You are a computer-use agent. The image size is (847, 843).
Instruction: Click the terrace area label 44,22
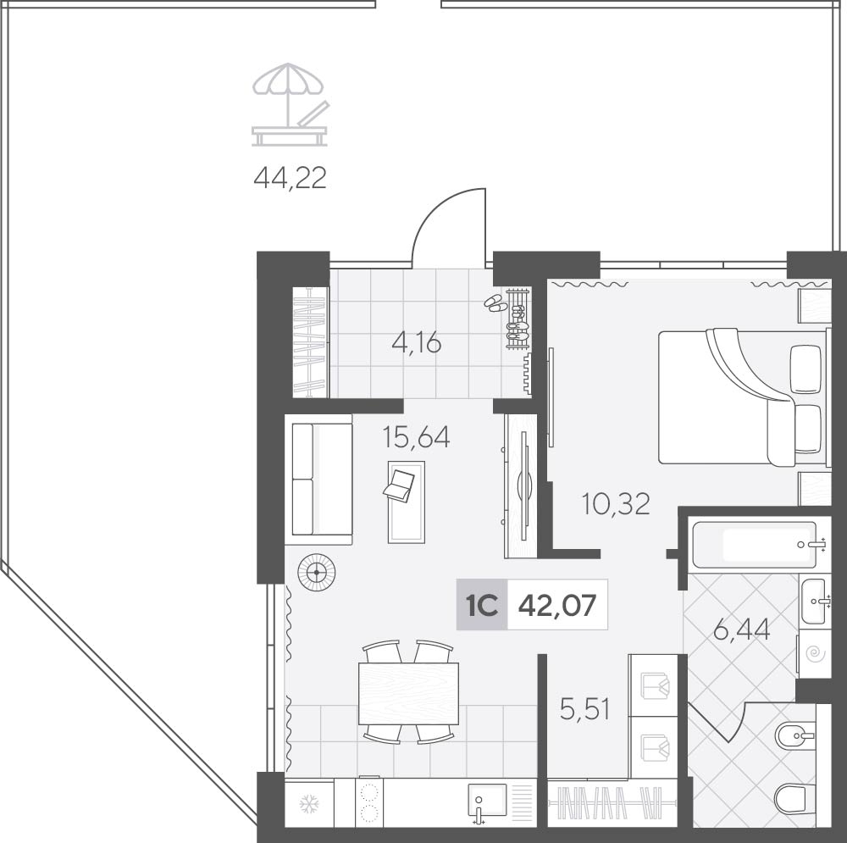click(290, 177)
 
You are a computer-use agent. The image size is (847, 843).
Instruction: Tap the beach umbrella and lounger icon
click(290, 105)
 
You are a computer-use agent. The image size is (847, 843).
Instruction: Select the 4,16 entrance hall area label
click(417, 342)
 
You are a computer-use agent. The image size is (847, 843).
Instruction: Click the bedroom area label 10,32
click(616, 503)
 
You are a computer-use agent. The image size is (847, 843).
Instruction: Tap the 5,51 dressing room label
click(585, 709)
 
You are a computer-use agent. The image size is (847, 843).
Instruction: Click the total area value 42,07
click(557, 605)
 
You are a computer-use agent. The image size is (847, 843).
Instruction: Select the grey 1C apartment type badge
click(482, 605)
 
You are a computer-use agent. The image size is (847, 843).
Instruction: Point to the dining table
click(408, 693)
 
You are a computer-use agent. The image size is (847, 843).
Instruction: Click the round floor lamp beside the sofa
click(316, 572)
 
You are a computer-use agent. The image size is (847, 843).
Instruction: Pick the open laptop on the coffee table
click(399, 484)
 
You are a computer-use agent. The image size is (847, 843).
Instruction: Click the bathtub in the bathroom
click(755, 545)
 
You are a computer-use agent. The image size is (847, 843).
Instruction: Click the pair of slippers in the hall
click(495, 303)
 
